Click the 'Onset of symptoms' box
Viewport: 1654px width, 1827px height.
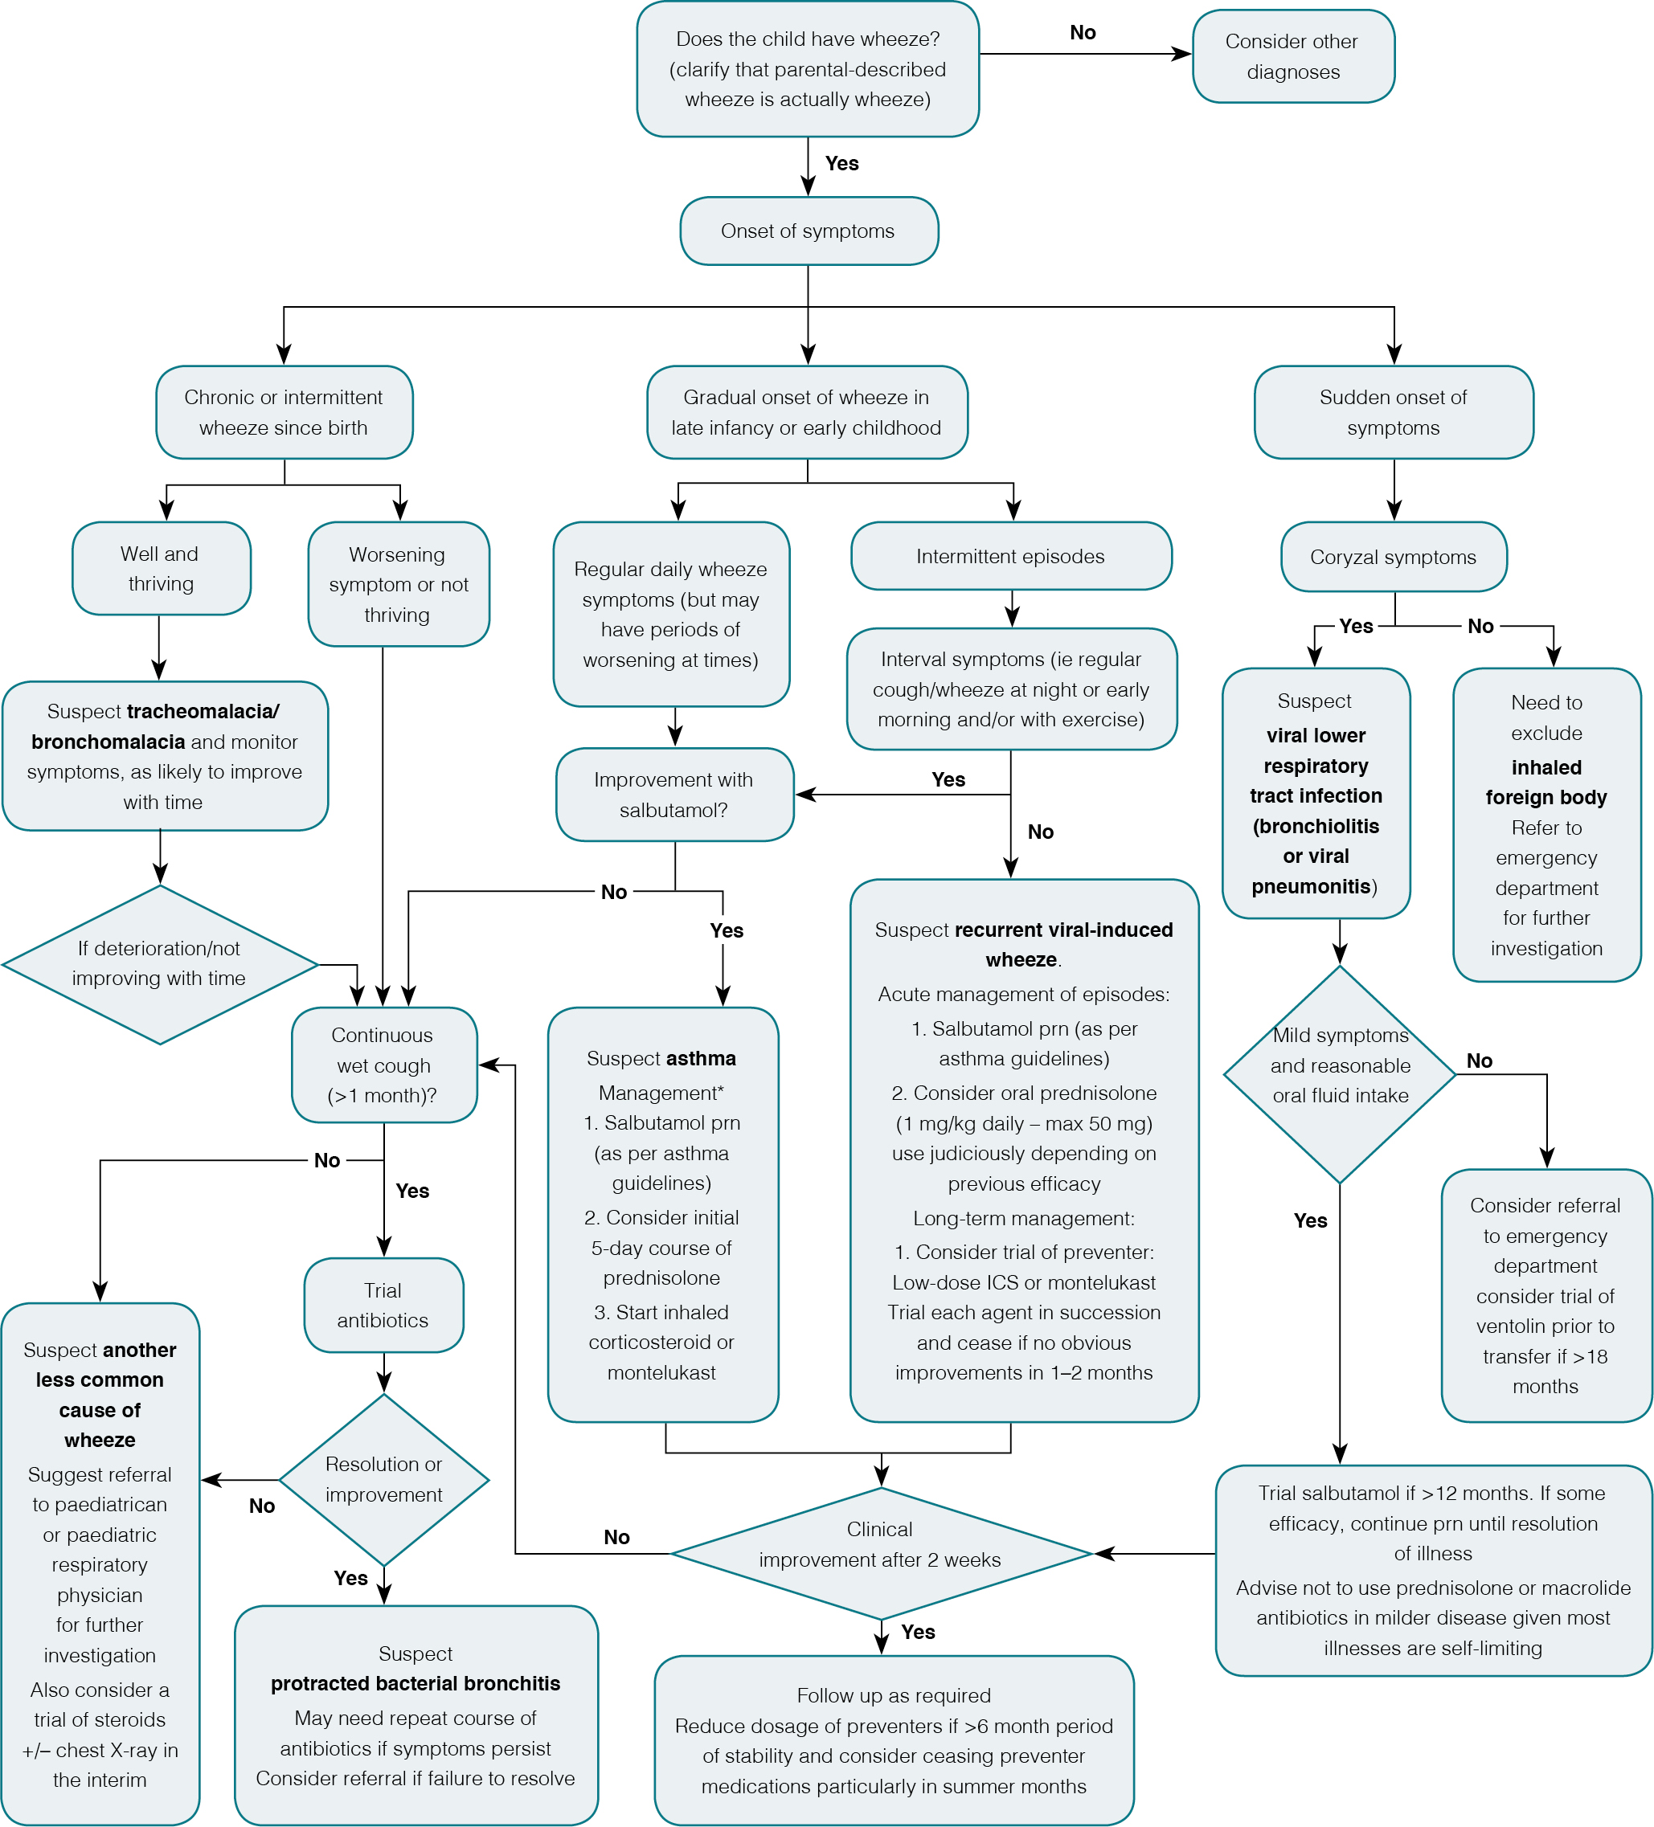809,231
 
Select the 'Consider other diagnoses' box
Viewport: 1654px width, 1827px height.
1292,56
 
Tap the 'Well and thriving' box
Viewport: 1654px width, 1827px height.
161,568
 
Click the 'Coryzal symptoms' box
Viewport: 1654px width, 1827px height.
1393,557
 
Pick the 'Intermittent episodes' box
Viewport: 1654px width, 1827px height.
1010,555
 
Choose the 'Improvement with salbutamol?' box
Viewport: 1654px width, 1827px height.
674,795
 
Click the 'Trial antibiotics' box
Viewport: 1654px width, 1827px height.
383,1305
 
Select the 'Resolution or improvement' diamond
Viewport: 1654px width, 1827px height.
383,1479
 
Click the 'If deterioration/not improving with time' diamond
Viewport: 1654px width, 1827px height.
159,964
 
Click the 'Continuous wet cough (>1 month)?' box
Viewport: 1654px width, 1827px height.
383,1065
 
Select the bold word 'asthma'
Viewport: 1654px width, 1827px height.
702,1058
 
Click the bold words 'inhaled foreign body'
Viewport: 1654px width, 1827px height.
1546,782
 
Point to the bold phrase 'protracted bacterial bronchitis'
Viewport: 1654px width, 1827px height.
415,1683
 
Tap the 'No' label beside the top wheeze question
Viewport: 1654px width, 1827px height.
1082,33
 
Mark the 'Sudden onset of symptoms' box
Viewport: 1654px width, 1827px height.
1393,412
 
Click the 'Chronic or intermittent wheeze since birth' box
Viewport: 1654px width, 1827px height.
284,412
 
